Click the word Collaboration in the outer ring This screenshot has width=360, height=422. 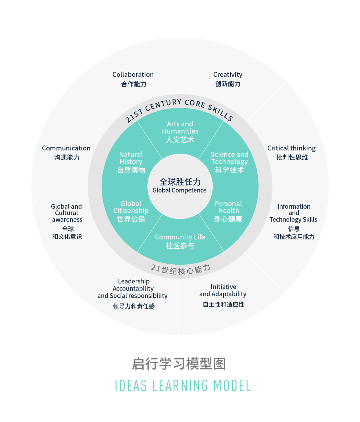coord(133,75)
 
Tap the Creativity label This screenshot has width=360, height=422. coord(228,75)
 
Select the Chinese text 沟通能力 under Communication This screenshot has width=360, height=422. coord(67,157)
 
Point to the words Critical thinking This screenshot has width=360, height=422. coord(291,148)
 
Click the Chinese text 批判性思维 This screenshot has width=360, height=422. coord(292,157)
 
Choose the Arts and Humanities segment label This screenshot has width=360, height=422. coord(180,128)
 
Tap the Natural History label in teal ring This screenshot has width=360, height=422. coord(131,158)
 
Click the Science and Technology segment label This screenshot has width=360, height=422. coord(229,158)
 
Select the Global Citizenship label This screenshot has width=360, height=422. coord(131,207)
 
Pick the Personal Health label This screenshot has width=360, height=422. coord(228,207)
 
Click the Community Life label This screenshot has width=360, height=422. coord(180,237)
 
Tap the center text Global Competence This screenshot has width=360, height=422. coord(179,190)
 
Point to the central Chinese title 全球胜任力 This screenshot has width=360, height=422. coord(180,182)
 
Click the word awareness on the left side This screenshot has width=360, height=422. coord(67,219)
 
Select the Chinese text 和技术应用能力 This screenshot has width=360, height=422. coord(294,237)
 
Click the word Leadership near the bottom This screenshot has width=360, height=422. coord(134,281)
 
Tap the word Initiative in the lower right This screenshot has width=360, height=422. coord(223,287)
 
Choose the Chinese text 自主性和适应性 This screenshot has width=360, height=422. coord(224,304)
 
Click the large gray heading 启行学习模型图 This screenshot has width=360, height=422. coord(179,364)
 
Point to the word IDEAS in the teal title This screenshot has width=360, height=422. coord(131,386)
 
